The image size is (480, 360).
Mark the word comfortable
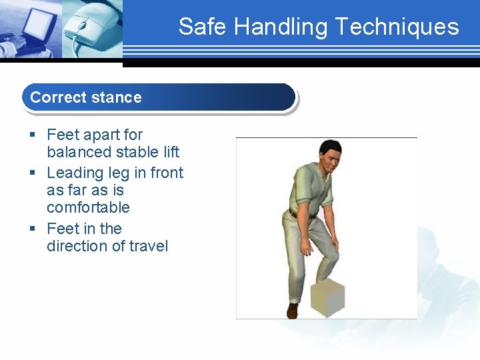(x=88, y=207)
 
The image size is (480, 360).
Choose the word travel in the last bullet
(x=149, y=246)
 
